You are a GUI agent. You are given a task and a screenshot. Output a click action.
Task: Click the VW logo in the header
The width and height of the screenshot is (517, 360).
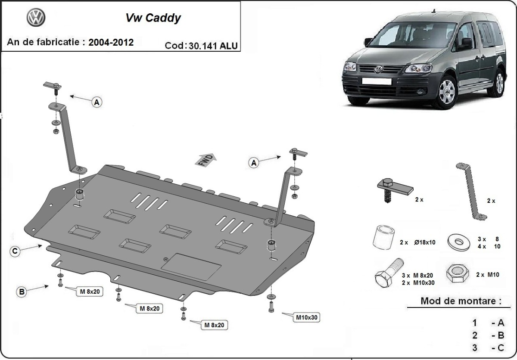(x=36, y=18)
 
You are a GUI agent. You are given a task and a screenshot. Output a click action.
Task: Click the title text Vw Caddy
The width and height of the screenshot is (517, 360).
(x=153, y=18)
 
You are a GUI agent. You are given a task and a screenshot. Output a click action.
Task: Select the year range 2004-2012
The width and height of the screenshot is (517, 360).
(x=111, y=43)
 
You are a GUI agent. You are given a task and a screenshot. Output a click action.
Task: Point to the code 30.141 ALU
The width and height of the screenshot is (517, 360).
(x=213, y=46)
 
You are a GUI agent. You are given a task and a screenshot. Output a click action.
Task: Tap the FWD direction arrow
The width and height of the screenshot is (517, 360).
(x=206, y=160)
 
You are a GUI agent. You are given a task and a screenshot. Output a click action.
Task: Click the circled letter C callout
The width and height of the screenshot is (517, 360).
(x=15, y=251)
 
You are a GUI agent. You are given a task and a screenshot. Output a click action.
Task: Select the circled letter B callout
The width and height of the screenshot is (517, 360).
(x=22, y=292)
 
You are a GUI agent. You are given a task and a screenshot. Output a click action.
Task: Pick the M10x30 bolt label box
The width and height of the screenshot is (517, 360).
(x=307, y=317)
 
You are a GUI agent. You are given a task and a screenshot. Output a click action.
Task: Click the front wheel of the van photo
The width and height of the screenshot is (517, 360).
(x=447, y=92)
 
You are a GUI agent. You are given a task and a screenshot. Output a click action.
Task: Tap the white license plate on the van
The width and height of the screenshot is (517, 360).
(x=377, y=81)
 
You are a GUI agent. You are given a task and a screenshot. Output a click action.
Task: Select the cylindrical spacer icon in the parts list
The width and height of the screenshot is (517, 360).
(x=383, y=237)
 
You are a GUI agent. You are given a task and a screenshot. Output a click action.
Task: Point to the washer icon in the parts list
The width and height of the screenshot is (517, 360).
(x=459, y=242)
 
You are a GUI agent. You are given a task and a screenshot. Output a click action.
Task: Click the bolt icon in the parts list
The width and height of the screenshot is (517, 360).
(x=389, y=273)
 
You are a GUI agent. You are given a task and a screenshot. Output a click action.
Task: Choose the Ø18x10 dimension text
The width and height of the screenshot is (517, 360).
(x=425, y=242)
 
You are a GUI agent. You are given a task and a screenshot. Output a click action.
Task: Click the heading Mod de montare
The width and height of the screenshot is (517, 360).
(x=461, y=301)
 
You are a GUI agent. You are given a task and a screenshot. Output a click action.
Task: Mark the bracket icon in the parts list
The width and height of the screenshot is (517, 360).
(x=471, y=192)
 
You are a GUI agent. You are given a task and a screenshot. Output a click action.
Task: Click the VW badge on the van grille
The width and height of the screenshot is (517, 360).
(x=378, y=69)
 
